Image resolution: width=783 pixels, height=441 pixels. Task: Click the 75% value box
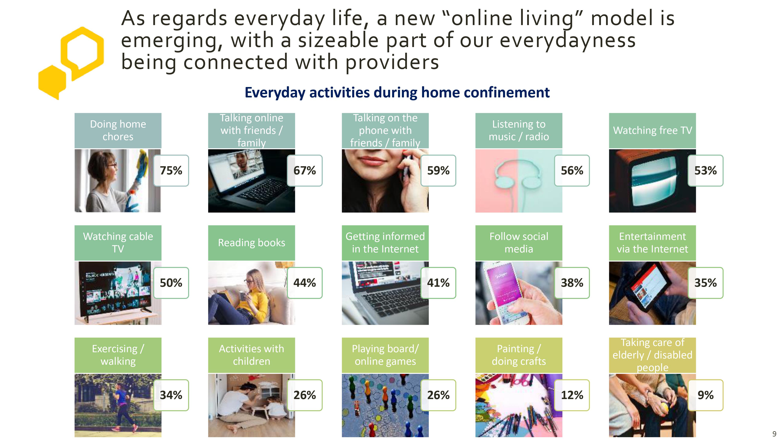[171, 171]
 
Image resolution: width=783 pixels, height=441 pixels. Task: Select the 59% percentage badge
[438, 171]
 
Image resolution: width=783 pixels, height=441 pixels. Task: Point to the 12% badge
[572, 395]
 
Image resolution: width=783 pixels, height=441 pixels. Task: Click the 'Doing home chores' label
[118, 131]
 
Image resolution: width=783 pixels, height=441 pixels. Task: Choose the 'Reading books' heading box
[251, 243]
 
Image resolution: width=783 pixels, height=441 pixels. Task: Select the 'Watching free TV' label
[652, 131]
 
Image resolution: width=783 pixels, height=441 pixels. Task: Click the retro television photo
[652, 181]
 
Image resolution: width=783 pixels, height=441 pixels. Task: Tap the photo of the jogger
[118, 405]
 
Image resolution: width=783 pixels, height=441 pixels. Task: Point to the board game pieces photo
[385, 405]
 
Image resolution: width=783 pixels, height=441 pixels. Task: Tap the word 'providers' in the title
[392, 62]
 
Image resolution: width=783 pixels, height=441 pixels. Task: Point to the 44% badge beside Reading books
[305, 283]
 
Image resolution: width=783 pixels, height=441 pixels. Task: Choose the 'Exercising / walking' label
[118, 355]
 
